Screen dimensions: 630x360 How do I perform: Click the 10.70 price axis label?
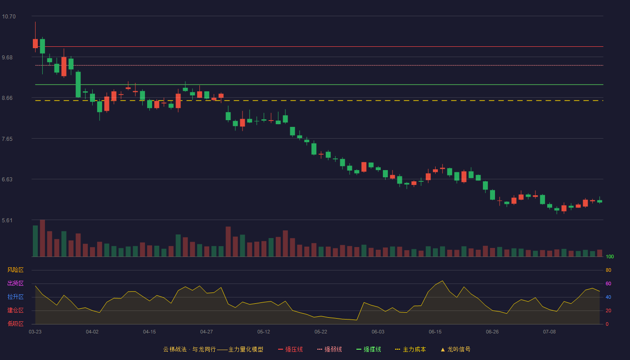coord(9,17)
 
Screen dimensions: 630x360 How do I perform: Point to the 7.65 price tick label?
coord(7,139)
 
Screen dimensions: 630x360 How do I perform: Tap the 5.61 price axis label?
coord(7,220)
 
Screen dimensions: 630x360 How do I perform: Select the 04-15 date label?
coord(149,332)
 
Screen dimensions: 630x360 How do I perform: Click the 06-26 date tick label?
coord(492,332)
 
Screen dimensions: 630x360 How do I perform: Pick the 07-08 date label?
coord(549,332)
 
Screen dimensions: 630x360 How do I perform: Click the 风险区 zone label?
coord(15,270)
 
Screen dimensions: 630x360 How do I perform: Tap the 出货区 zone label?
coord(15,283)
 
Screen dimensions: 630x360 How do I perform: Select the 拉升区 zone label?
coord(15,297)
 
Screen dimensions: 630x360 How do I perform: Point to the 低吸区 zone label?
coord(15,324)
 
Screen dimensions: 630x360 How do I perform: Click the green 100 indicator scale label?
coord(610,256)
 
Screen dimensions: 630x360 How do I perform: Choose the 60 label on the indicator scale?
coord(608,283)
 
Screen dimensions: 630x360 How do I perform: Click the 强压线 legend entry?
coord(290,349)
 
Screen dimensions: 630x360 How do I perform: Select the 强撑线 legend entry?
coord(369,349)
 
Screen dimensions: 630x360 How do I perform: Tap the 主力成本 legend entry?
coord(410,349)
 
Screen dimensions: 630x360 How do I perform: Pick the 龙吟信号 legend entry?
coord(455,349)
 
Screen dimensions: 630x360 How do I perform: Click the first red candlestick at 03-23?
coord(35,43)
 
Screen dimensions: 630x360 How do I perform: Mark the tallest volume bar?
coord(42,238)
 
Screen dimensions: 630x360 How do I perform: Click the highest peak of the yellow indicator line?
coord(442,281)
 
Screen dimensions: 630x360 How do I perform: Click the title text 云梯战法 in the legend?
coord(175,349)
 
